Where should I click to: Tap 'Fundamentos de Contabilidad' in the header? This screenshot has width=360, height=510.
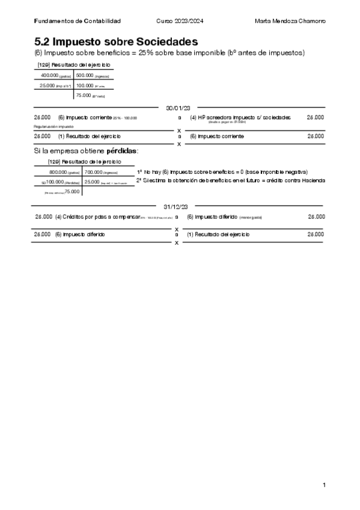click(x=78, y=21)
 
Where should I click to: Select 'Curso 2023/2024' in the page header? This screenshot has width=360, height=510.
click(x=180, y=21)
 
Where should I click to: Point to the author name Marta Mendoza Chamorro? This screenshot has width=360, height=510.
click(x=290, y=21)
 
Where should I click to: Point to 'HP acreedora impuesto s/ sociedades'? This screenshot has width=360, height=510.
click(x=240, y=117)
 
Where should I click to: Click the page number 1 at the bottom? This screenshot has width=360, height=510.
click(x=324, y=485)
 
